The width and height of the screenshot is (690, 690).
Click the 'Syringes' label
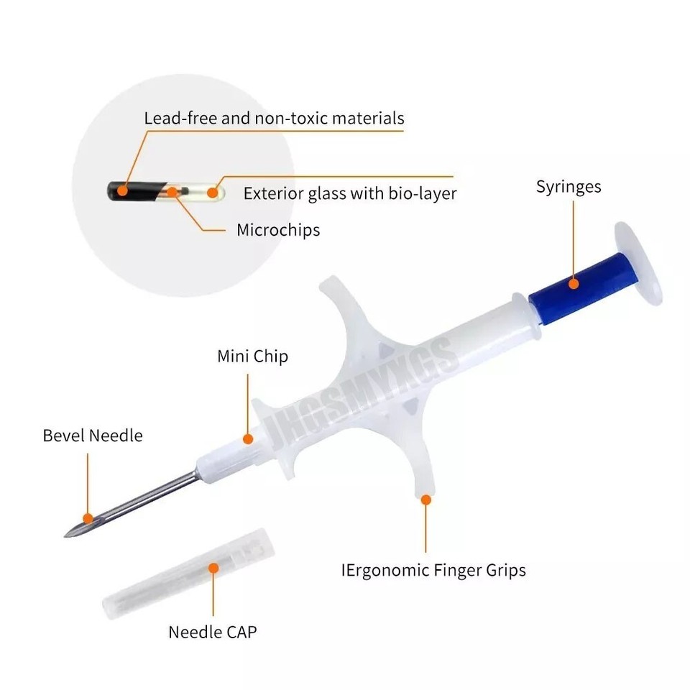pos(569,187)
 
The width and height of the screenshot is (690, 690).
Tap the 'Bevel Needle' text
pos(93,436)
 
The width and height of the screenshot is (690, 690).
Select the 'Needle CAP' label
pos(213,632)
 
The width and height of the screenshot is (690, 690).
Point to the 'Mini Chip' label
pos(252,356)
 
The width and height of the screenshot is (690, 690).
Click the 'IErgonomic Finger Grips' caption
pos(433,570)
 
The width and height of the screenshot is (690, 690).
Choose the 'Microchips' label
pos(278,230)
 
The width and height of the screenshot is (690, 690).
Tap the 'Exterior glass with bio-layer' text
pos(350,193)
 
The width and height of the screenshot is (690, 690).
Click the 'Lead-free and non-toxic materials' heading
pos(274,119)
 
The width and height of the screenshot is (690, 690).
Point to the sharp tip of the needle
pos(65,535)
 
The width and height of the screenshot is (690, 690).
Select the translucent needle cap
pos(188,574)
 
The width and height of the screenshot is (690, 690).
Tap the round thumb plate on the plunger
pos(639,263)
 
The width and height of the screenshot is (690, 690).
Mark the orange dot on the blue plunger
pos(574,284)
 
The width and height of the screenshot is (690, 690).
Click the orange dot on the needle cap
pos(213,568)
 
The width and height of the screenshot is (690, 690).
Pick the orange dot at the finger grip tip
pos(425,500)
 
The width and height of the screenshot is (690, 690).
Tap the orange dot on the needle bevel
pos(88,518)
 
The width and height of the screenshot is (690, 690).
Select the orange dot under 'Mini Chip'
pos(248,438)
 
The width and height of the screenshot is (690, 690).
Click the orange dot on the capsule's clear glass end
pos(213,193)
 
